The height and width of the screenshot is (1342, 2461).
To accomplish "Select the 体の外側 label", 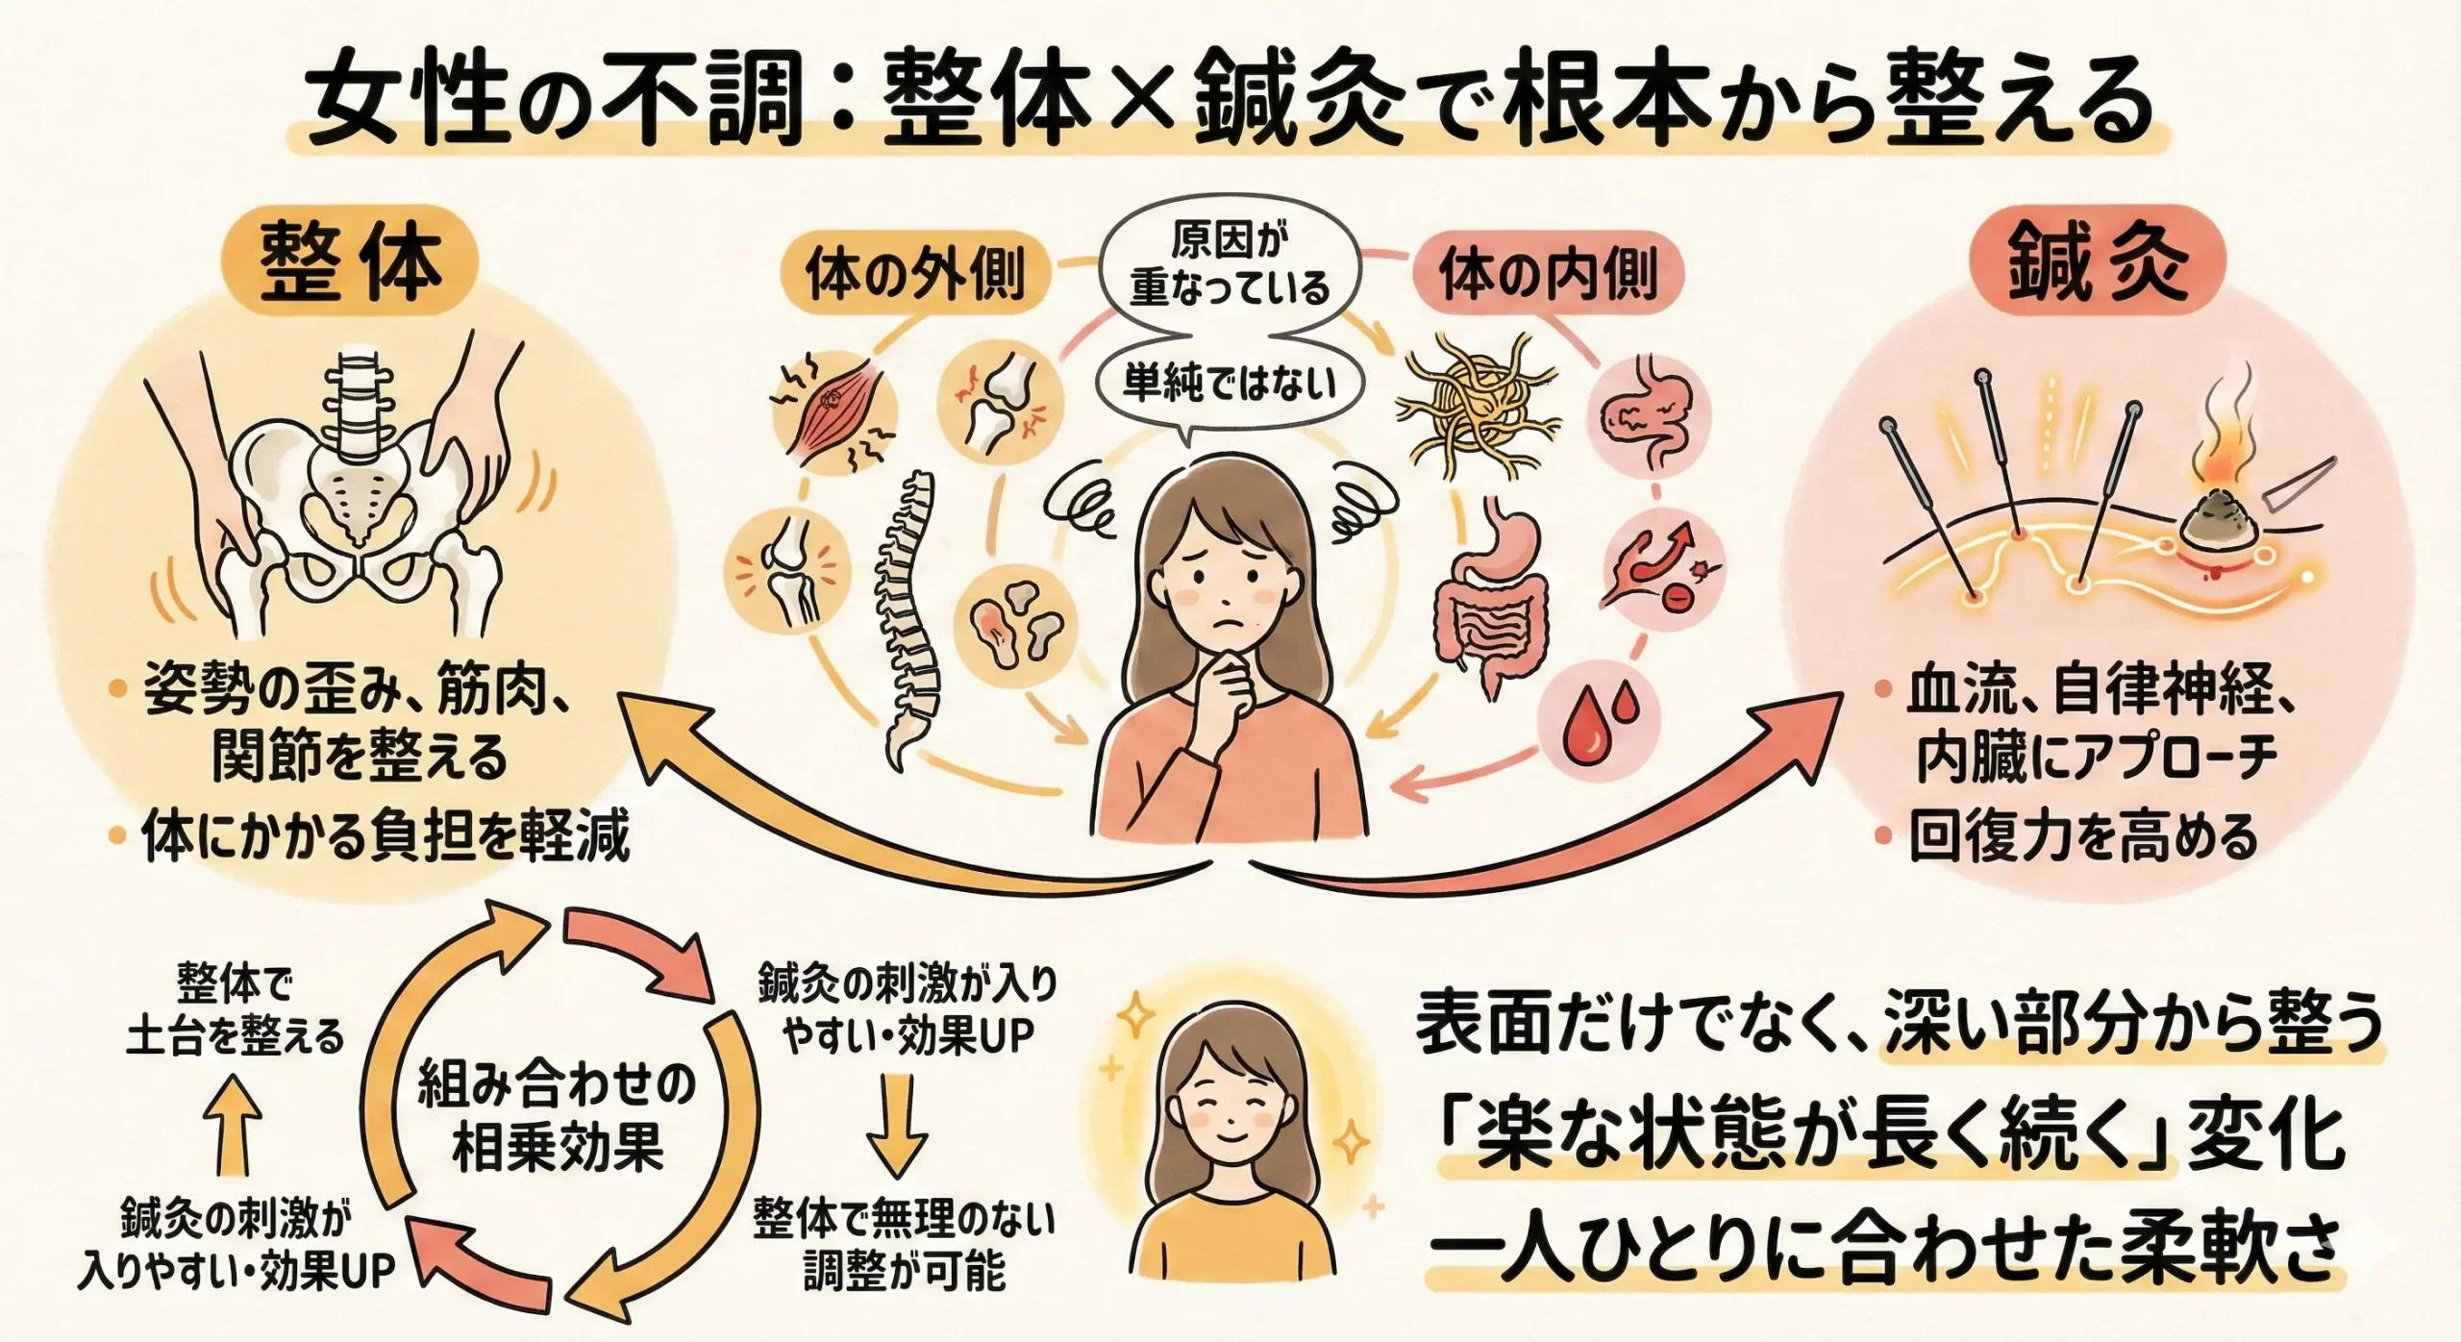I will coord(915,276).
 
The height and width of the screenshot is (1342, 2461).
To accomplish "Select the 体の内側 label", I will coord(1549,276).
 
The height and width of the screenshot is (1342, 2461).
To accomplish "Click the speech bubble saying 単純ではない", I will coord(1230,385).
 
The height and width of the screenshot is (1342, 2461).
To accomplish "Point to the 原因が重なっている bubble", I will coord(1230,264).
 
